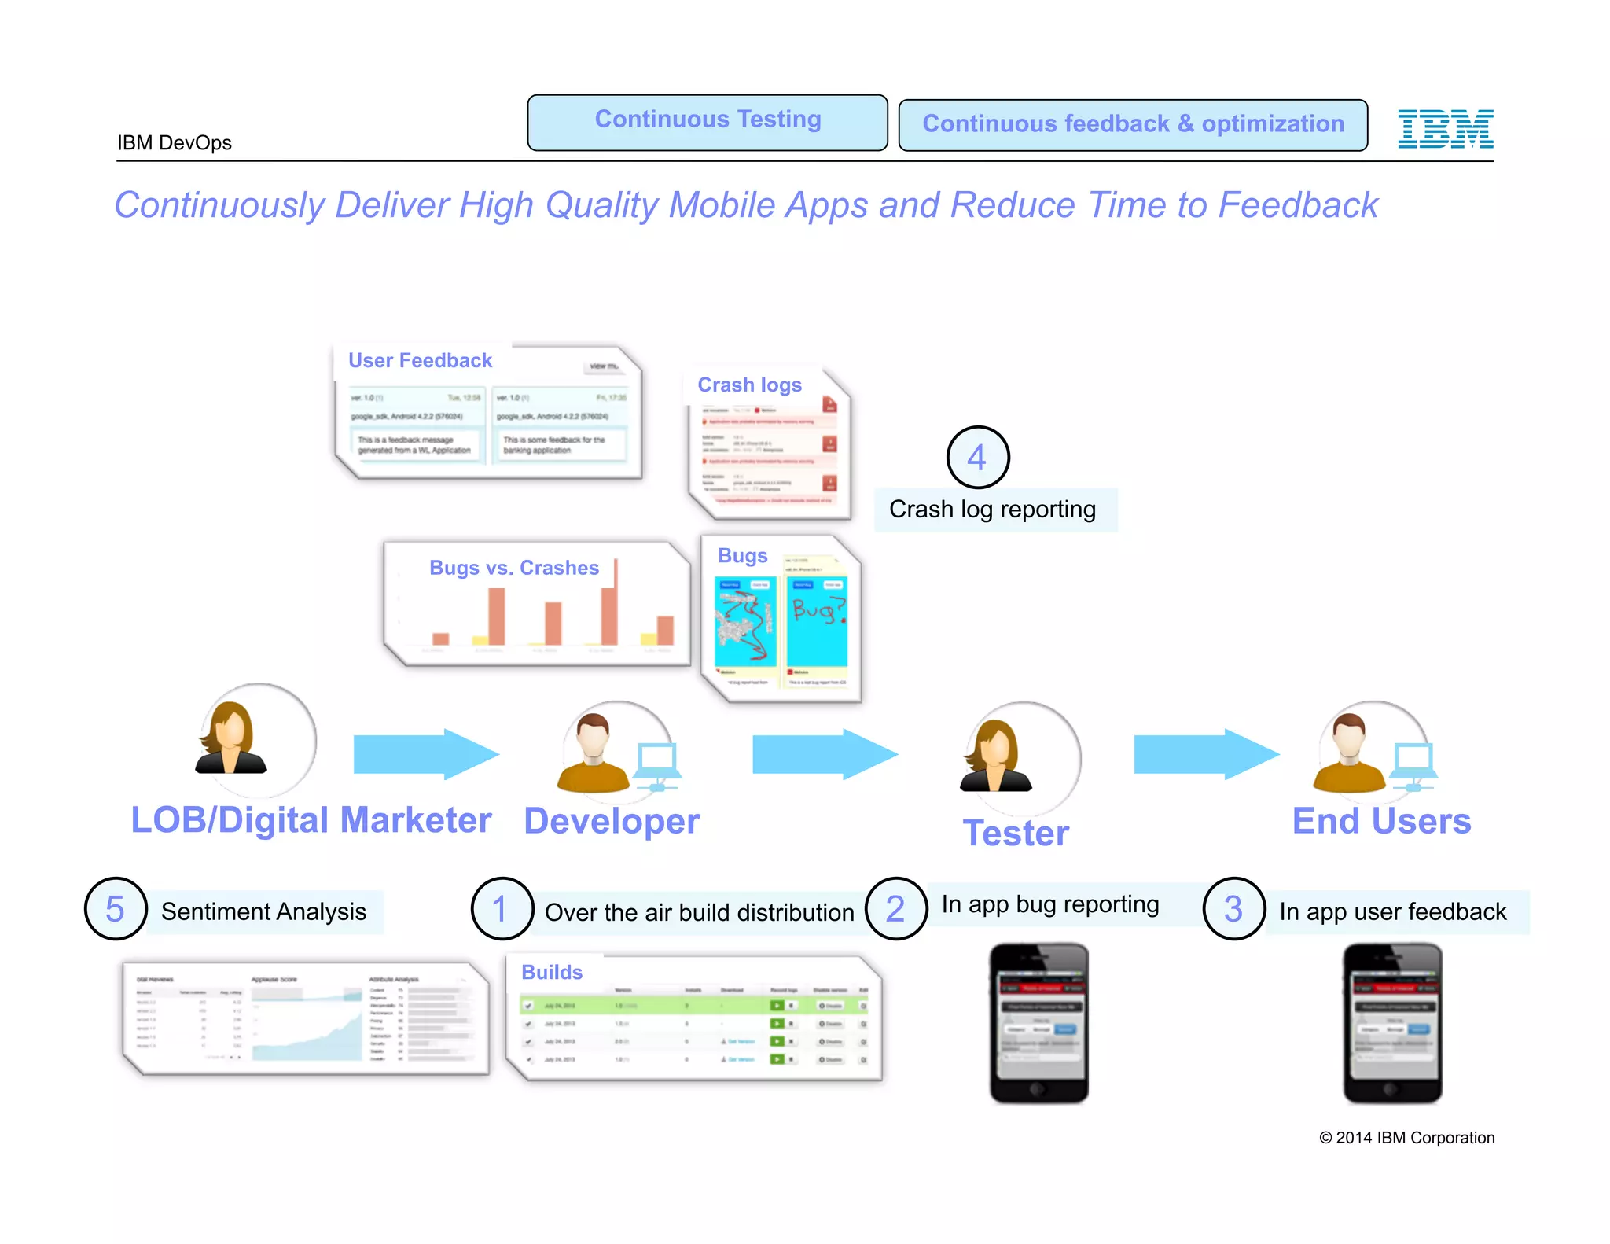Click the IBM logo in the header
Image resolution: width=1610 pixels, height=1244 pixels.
point(1445,129)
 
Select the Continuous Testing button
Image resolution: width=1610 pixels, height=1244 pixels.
point(708,123)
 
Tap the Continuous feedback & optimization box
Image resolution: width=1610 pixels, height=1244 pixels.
point(1133,125)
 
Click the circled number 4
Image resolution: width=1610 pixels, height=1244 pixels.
point(977,458)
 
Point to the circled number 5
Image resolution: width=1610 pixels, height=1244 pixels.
point(116,909)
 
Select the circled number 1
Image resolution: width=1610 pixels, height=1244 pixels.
point(502,909)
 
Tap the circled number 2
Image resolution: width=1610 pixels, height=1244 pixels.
point(896,909)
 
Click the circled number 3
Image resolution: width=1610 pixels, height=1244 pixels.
point(1233,909)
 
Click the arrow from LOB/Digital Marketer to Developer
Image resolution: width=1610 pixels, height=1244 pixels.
point(425,754)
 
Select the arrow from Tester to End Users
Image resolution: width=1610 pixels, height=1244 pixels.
point(1205,754)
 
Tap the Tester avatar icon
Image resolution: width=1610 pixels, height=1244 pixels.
point(997,756)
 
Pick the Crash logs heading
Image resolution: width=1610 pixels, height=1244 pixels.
point(749,385)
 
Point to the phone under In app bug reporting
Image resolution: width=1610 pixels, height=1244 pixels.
point(1038,1023)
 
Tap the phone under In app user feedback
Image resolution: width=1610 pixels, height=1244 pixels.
point(1391,1023)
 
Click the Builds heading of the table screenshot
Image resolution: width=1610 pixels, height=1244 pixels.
point(552,972)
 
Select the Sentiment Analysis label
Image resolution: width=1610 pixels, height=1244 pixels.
point(263,911)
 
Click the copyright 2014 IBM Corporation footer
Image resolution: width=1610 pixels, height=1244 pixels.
point(1406,1138)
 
